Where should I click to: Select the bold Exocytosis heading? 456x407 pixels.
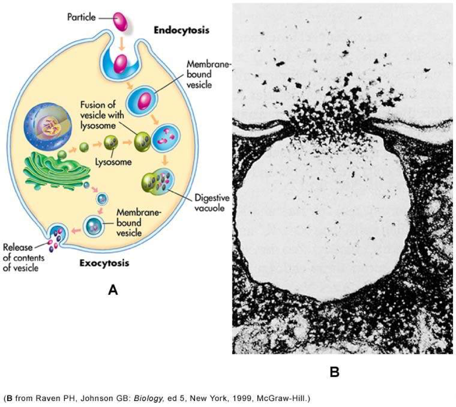(104, 264)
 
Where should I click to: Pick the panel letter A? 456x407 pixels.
(112, 289)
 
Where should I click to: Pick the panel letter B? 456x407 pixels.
(334, 372)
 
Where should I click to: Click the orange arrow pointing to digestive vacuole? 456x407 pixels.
(166, 160)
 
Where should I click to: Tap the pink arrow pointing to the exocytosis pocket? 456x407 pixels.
(76, 230)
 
